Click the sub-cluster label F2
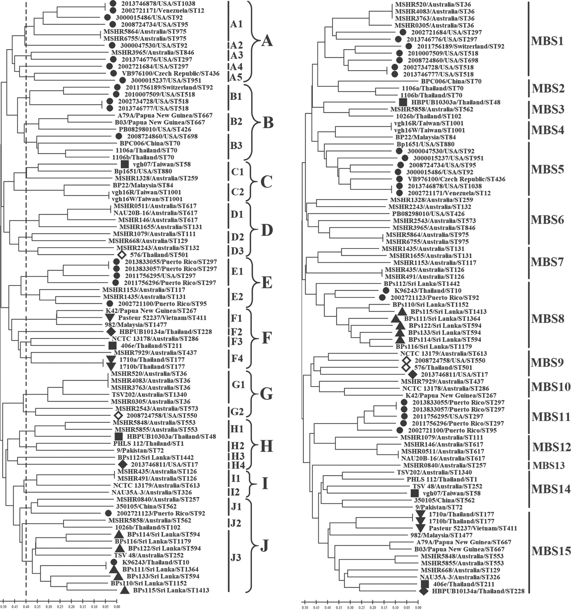coord(236,332)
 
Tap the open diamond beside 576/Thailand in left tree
coord(122,255)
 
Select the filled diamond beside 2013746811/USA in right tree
coord(413,374)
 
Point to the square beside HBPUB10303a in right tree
coord(403,102)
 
